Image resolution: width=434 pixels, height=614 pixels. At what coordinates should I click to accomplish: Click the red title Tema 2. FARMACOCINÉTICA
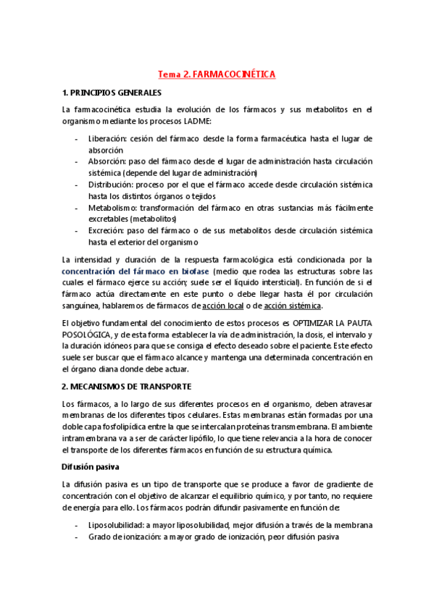coord(217,74)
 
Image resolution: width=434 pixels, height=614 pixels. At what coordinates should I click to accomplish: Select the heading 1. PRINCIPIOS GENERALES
coord(112,93)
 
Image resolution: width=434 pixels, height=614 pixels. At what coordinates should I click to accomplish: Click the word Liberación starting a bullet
coord(108,138)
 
